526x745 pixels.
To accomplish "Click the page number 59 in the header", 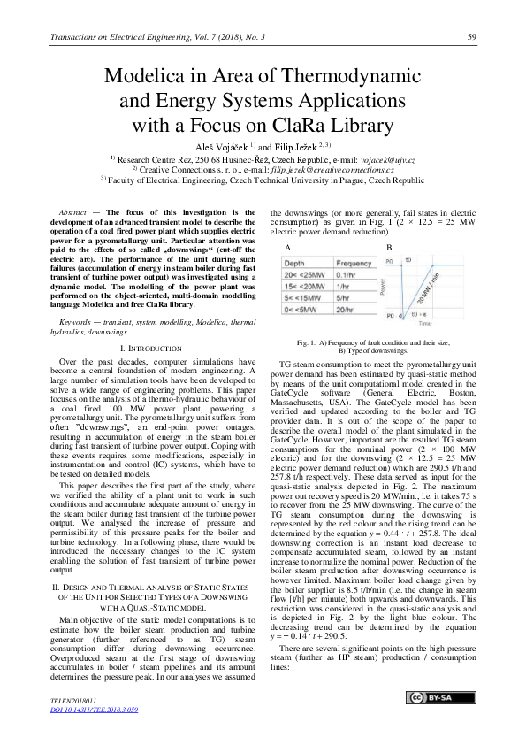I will click(x=472, y=35).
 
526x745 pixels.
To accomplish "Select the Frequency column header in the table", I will click(x=354, y=264).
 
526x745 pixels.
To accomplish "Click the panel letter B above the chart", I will click(x=389, y=249).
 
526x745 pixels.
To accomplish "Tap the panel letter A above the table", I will click(x=287, y=249).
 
